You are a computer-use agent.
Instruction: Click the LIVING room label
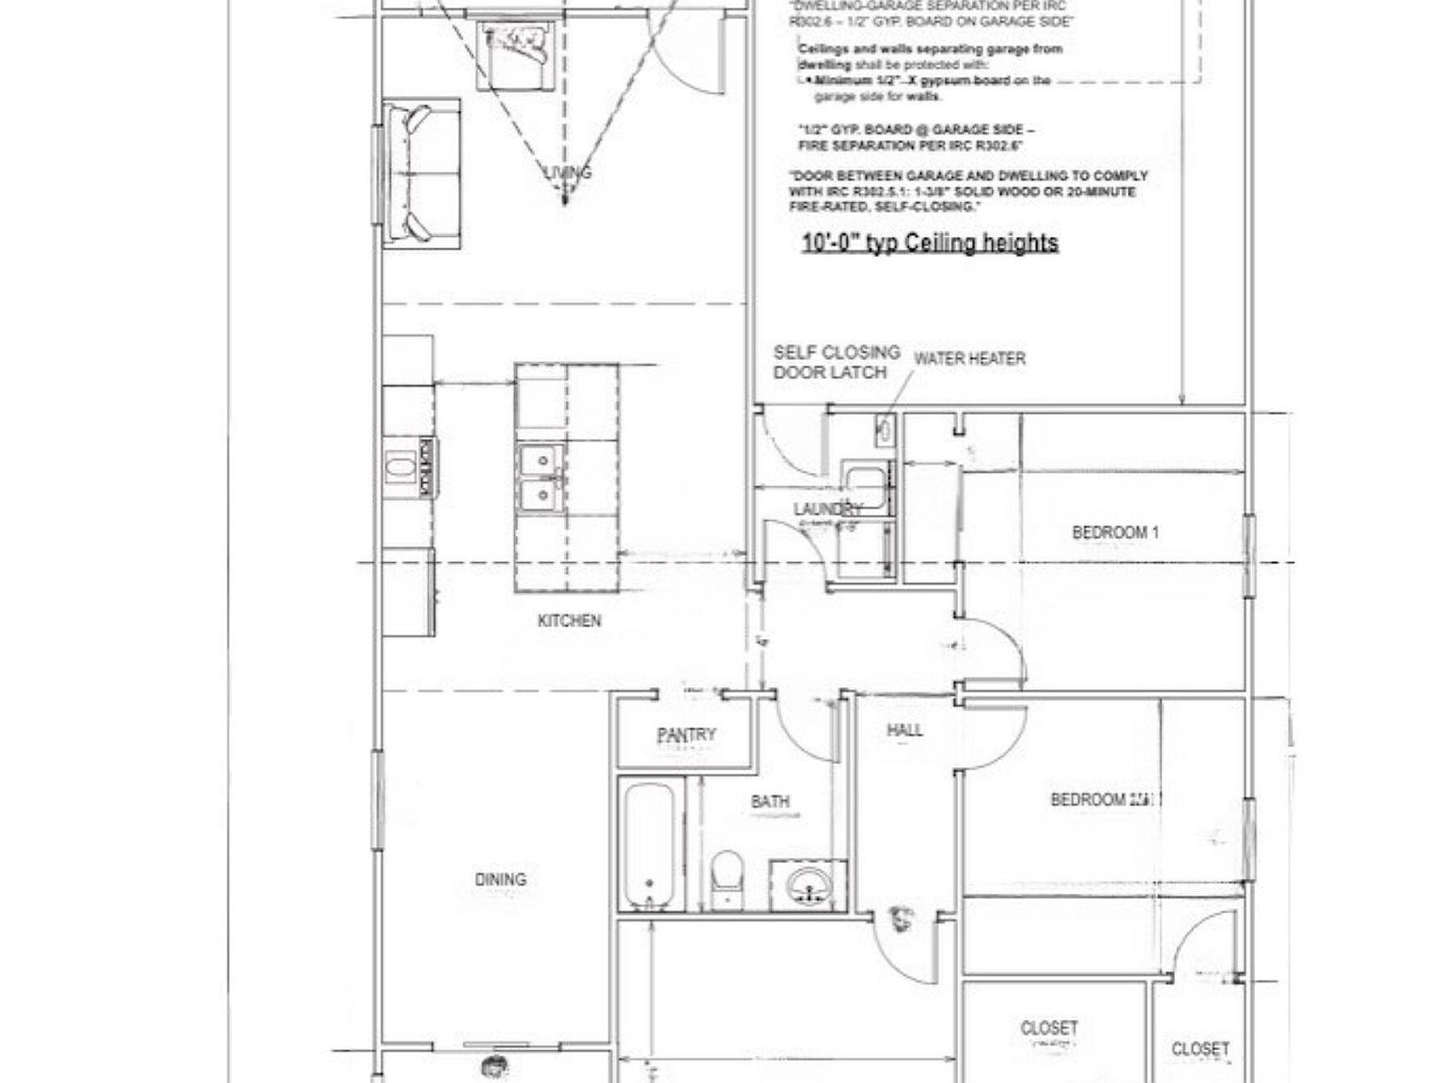click(x=569, y=172)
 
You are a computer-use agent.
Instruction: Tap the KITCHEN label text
click(x=569, y=620)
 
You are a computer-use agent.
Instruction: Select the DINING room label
click(x=500, y=880)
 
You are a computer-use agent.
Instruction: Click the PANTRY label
click(x=686, y=735)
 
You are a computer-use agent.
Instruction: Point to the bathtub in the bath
click(x=649, y=846)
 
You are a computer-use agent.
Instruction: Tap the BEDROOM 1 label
click(x=1115, y=532)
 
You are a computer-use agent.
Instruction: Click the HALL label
click(x=904, y=730)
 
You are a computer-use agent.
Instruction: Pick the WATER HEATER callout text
click(x=969, y=358)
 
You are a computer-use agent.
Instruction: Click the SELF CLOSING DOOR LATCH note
click(x=836, y=362)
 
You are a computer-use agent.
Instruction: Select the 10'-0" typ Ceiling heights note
click(x=930, y=243)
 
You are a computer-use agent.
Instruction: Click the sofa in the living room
click(x=421, y=173)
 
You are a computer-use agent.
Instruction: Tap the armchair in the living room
click(x=515, y=55)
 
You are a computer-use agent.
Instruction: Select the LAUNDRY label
click(x=827, y=510)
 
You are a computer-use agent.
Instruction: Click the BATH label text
click(x=770, y=802)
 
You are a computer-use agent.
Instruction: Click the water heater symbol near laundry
click(x=885, y=431)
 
